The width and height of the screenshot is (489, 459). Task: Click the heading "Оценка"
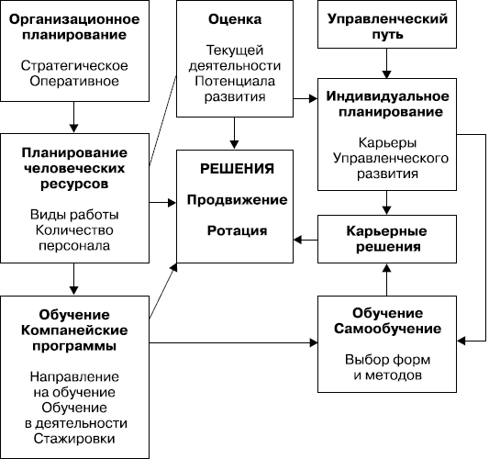pos(235,19)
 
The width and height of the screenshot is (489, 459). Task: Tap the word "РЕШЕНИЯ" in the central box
pos(237,169)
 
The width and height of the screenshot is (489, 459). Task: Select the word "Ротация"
pos(237,230)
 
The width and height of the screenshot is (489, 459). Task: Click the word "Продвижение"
pos(237,200)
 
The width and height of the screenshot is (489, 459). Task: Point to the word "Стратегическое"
pos(74,66)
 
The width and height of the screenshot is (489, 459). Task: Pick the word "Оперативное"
pos(74,81)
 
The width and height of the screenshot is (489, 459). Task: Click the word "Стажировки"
pos(74,439)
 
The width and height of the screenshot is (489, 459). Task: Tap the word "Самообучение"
pos(387,329)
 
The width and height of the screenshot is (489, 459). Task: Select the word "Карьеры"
pos(387,142)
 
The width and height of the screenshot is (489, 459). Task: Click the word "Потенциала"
pos(235,81)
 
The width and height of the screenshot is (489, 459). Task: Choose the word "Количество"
pos(74,230)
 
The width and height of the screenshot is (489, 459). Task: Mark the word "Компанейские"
pos(74,330)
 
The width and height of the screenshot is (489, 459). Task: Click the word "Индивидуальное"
pos(387,96)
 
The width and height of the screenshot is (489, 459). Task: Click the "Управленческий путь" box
pos(387,25)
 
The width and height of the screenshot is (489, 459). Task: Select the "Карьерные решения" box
pos(387,239)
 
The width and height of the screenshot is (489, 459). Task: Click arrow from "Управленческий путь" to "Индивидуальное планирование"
pos(387,63)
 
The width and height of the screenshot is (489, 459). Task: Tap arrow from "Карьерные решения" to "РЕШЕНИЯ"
pos(306,240)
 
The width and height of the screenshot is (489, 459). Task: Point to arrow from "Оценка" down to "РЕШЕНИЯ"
pos(235,133)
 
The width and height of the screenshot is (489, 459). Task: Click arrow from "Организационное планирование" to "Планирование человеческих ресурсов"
pos(74,118)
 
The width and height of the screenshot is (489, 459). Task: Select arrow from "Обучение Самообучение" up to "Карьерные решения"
pos(387,280)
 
